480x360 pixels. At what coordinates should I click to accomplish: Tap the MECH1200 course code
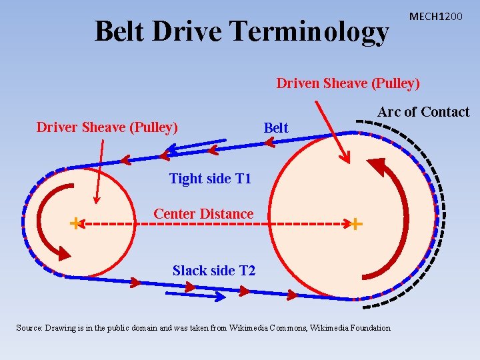point(435,15)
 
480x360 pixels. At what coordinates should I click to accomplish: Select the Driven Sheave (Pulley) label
point(348,83)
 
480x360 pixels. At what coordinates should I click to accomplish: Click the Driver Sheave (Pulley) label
point(107,127)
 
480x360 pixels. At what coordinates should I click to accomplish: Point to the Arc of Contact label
point(423,112)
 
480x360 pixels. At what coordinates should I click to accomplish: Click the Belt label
point(276,127)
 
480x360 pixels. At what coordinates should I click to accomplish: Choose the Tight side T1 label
point(210,179)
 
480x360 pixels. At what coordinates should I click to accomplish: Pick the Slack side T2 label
point(214,271)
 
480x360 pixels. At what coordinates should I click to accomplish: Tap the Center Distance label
point(203,214)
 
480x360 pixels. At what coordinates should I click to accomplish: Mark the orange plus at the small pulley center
point(75,223)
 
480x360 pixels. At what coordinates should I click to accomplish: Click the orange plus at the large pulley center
point(357,224)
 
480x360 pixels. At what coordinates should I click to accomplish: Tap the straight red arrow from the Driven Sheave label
point(331,131)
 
